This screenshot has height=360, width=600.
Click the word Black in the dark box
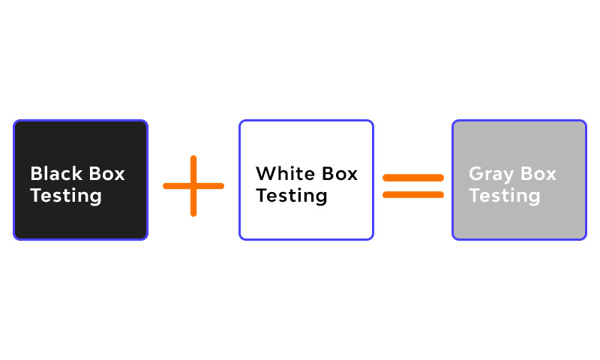pos(56,173)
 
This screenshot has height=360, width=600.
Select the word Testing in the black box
pos(66,196)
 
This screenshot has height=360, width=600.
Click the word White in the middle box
pos(286,173)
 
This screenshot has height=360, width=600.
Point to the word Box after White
pos(340,174)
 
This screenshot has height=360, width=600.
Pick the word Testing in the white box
pos(292,196)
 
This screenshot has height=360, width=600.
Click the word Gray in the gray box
pos(491,175)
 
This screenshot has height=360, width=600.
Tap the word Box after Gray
pos(538,174)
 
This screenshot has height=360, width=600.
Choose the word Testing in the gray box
pos(505,196)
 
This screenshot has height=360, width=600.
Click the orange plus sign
pos(193,186)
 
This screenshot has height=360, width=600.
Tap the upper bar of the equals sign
pos(413,178)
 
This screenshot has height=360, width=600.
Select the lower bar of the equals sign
pos(413,195)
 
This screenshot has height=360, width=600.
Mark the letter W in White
pos(266,174)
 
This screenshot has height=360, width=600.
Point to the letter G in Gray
pos(476,174)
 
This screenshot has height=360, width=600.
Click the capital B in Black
pos(37,174)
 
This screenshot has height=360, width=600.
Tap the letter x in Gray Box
pos(551,176)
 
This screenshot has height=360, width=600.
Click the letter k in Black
pos(77,173)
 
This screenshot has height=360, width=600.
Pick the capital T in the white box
pos(262,195)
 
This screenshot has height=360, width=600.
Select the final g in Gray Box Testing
pos(534,199)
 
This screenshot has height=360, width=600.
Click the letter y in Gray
pos(508,178)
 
